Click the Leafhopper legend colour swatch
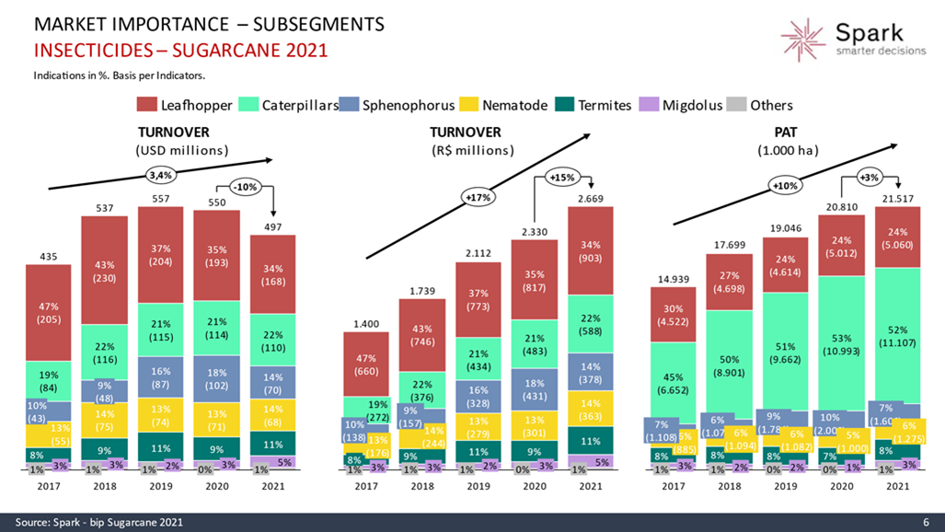coord(146,105)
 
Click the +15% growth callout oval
coord(560,177)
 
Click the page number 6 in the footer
coord(926,522)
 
